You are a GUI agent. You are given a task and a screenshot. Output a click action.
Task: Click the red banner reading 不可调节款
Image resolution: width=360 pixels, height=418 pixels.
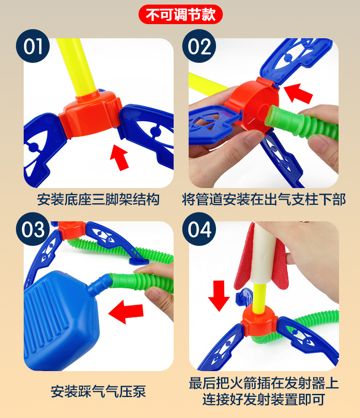pyautogui.click(x=180, y=15)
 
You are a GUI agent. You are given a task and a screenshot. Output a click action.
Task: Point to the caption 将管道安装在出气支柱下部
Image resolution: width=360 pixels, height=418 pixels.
pyautogui.click(x=264, y=199)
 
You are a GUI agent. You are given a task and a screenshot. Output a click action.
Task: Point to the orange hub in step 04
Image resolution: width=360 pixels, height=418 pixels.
pyautogui.click(x=259, y=321)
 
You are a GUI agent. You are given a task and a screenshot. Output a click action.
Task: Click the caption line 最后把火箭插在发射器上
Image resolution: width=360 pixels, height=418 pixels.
pyautogui.click(x=264, y=383)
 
